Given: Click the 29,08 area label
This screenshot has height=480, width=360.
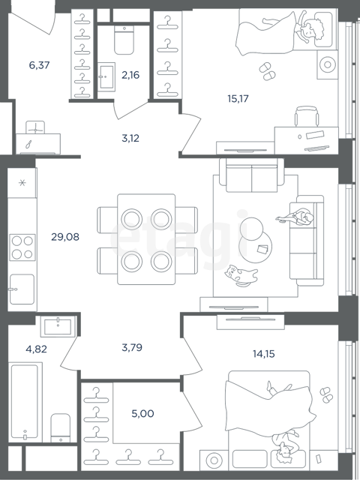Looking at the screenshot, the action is tap(65, 237).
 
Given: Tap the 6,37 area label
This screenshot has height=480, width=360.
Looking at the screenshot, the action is tap(39, 65).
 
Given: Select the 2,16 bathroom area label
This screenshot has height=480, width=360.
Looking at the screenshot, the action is tap(130, 75).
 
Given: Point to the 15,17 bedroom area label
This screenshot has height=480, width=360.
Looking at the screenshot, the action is tap(238, 98).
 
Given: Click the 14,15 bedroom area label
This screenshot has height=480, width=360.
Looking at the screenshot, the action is tap(263, 354).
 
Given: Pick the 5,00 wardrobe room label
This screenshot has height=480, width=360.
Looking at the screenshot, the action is tap(142, 413).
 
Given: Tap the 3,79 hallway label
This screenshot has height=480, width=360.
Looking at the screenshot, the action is tap(132, 348).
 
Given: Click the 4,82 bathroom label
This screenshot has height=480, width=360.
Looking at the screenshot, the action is tap(37, 349).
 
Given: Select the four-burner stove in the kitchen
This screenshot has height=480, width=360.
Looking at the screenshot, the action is tap(22, 247).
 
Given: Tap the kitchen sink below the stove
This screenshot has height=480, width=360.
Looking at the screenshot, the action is tap(22, 289).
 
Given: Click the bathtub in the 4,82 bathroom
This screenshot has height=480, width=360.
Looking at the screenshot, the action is tap(25, 402).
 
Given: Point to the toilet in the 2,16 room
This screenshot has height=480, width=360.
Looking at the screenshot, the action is tap(124, 40).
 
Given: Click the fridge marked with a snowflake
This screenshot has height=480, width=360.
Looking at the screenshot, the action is tap(22, 183).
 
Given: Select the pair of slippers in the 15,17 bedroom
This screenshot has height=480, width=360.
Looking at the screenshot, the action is tap(267, 71).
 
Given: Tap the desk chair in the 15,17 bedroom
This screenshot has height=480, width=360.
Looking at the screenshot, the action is tap(307, 116).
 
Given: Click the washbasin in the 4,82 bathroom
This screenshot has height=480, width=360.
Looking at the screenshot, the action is tap(58, 326).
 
